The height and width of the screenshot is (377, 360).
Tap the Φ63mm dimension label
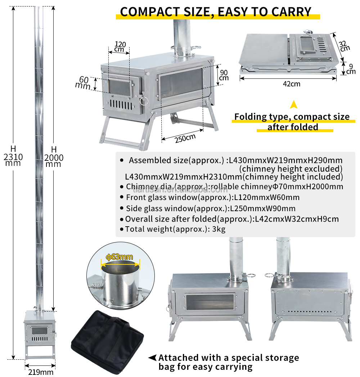coord(120,257)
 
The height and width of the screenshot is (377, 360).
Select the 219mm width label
coord(41,372)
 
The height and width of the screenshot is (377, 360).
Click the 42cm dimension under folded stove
coord(291,84)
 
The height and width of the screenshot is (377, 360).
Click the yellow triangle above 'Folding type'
coord(294,105)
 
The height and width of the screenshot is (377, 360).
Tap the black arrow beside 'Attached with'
coord(152,358)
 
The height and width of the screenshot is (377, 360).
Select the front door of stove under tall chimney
coord(38,331)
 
